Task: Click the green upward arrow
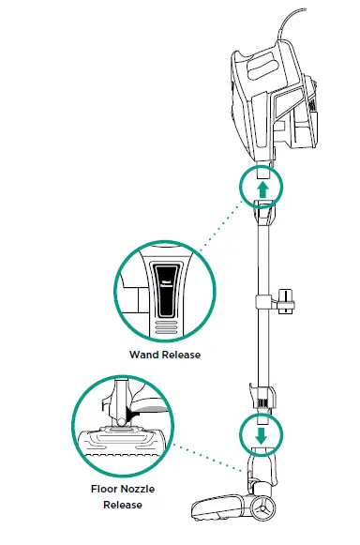click(262, 189)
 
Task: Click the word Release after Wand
click(183, 356)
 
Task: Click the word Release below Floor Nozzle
click(123, 506)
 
